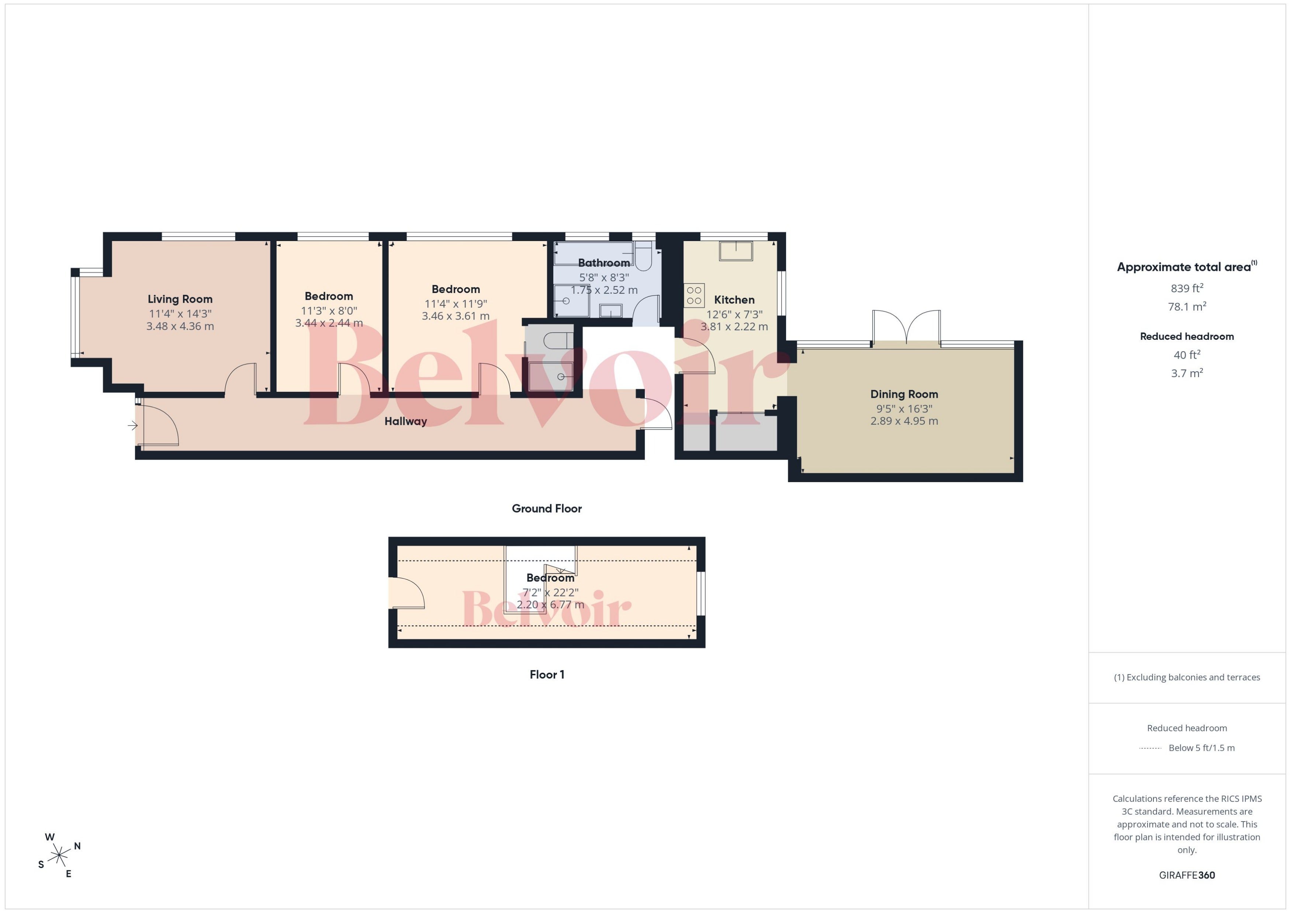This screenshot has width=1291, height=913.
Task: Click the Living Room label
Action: pos(180,299)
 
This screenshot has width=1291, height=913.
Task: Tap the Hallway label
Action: pos(406,421)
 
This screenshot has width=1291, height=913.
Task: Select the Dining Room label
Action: pos(904,394)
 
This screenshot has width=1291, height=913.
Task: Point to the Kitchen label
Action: pos(734,300)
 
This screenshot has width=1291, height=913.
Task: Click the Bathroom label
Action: pos(603,262)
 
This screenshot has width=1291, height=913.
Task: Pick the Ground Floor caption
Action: pos(546,508)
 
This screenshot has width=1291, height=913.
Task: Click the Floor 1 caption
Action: pos(547,674)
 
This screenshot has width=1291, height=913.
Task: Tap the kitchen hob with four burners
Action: pos(694,296)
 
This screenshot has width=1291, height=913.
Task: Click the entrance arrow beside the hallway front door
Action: pos(133,426)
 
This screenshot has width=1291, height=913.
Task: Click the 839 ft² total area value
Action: pos(1187,288)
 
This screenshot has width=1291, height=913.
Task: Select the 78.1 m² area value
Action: pos(1187,306)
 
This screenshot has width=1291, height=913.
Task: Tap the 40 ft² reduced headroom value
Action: pos(1187,355)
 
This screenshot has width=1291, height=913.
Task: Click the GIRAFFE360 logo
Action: pos(1187,875)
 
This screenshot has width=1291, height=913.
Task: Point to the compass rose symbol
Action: pos(59,855)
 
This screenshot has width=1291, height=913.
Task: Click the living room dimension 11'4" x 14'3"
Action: pos(180,314)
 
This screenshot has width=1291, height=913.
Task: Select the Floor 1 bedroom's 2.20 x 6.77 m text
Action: pos(550,605)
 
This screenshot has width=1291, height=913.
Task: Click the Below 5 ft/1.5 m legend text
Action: pos(1202,748)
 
